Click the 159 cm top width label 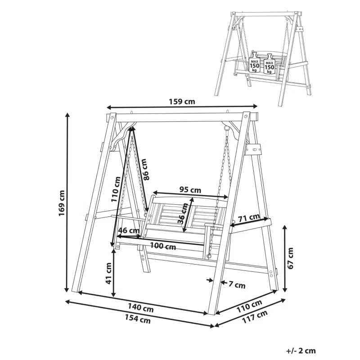pyautogui.click(x=182, y=101)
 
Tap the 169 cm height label pyautogui.click(x=61, y=203)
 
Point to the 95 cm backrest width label pyautogui.click(x=190, y=189)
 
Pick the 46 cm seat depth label pyautogui.click(x=129, y=230)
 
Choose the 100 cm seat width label pyautogui.click(x=163, y=246)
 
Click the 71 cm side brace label pyautogui.click(x=249, y=217)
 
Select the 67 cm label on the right pyautogui.click(x=290, y=258)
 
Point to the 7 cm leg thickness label pyautogui.click(x=237, y=285)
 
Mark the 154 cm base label pyautogui.click(x=138, y=319)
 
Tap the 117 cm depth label pyautogui.click(x=255, y=317)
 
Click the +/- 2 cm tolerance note pyautogui.click(x=301, y=351)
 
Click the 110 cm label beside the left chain pyautogui.click(x=116, y=189)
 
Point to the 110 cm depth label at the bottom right pyautogui.click(x=249, y=306)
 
